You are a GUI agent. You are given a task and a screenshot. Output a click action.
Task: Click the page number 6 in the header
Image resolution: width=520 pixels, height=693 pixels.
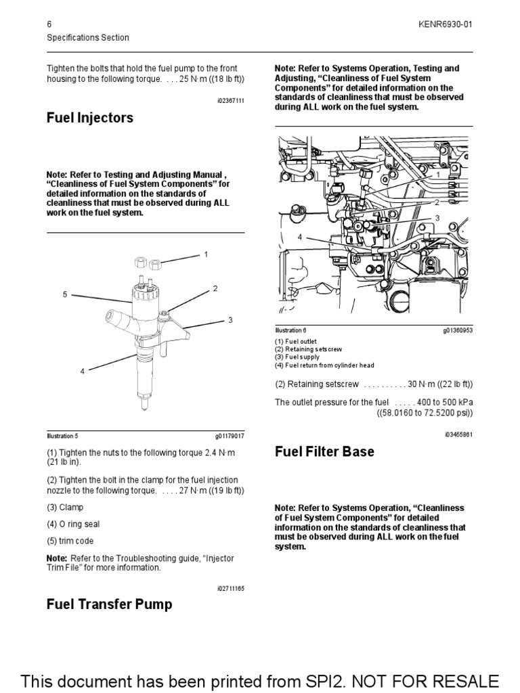click(x=49, y=24)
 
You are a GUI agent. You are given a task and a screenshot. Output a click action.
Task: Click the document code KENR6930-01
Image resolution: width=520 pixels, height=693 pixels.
click(x=446, y=24)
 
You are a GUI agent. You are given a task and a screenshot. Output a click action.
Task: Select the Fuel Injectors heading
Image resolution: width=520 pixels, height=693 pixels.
click(x=89, y=118)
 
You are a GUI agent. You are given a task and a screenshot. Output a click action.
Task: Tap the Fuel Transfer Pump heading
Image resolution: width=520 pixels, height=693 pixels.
click(x=109, y=604)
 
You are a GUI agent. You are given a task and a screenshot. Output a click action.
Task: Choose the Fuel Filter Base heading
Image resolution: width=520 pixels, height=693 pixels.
click(x=324, y=451)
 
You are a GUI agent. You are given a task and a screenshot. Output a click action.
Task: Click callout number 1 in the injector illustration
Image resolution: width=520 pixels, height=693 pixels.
click(x=205, y=254)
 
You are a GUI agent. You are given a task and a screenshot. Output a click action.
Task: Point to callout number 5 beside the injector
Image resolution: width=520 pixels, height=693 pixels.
click(x=65, y=294)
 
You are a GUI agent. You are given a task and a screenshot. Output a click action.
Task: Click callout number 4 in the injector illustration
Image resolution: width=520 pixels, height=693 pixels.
click(x=82, y=371)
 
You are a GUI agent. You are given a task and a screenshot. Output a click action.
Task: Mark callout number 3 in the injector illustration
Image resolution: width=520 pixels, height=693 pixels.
click(x=230, y=319)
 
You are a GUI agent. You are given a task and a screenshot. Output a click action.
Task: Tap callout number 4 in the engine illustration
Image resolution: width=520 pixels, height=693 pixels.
click(x=299, y=237)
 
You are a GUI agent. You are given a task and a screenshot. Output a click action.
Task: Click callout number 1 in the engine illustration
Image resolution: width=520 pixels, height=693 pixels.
click(x=437, y=175)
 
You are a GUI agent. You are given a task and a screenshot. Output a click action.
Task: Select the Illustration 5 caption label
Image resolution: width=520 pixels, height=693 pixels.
click(x=67, y=437)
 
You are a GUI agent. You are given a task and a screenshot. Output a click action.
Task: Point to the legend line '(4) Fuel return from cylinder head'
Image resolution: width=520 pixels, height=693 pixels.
click(x=324, y=365)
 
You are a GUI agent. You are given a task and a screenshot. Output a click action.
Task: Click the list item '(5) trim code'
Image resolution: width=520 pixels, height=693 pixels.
click(x=70, y=541)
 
